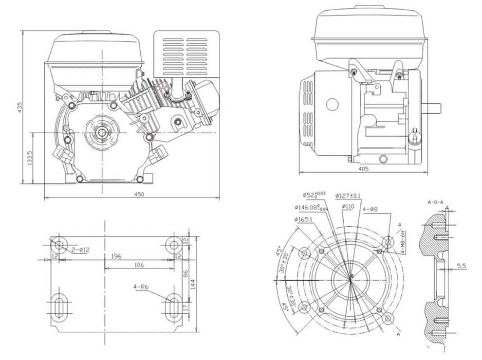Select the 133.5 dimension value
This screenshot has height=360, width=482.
(30, 158)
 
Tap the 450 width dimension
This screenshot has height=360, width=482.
(139, 194)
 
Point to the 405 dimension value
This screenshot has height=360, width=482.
(363, 169)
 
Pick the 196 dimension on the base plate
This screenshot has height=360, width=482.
(116, 256)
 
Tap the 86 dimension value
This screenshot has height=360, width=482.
(185, 274)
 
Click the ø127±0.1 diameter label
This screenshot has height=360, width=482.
(348, 196)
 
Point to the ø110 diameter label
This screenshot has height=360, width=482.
(348, 207)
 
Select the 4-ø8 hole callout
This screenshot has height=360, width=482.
(371, 209)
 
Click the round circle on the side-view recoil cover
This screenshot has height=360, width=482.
(333, 104)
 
